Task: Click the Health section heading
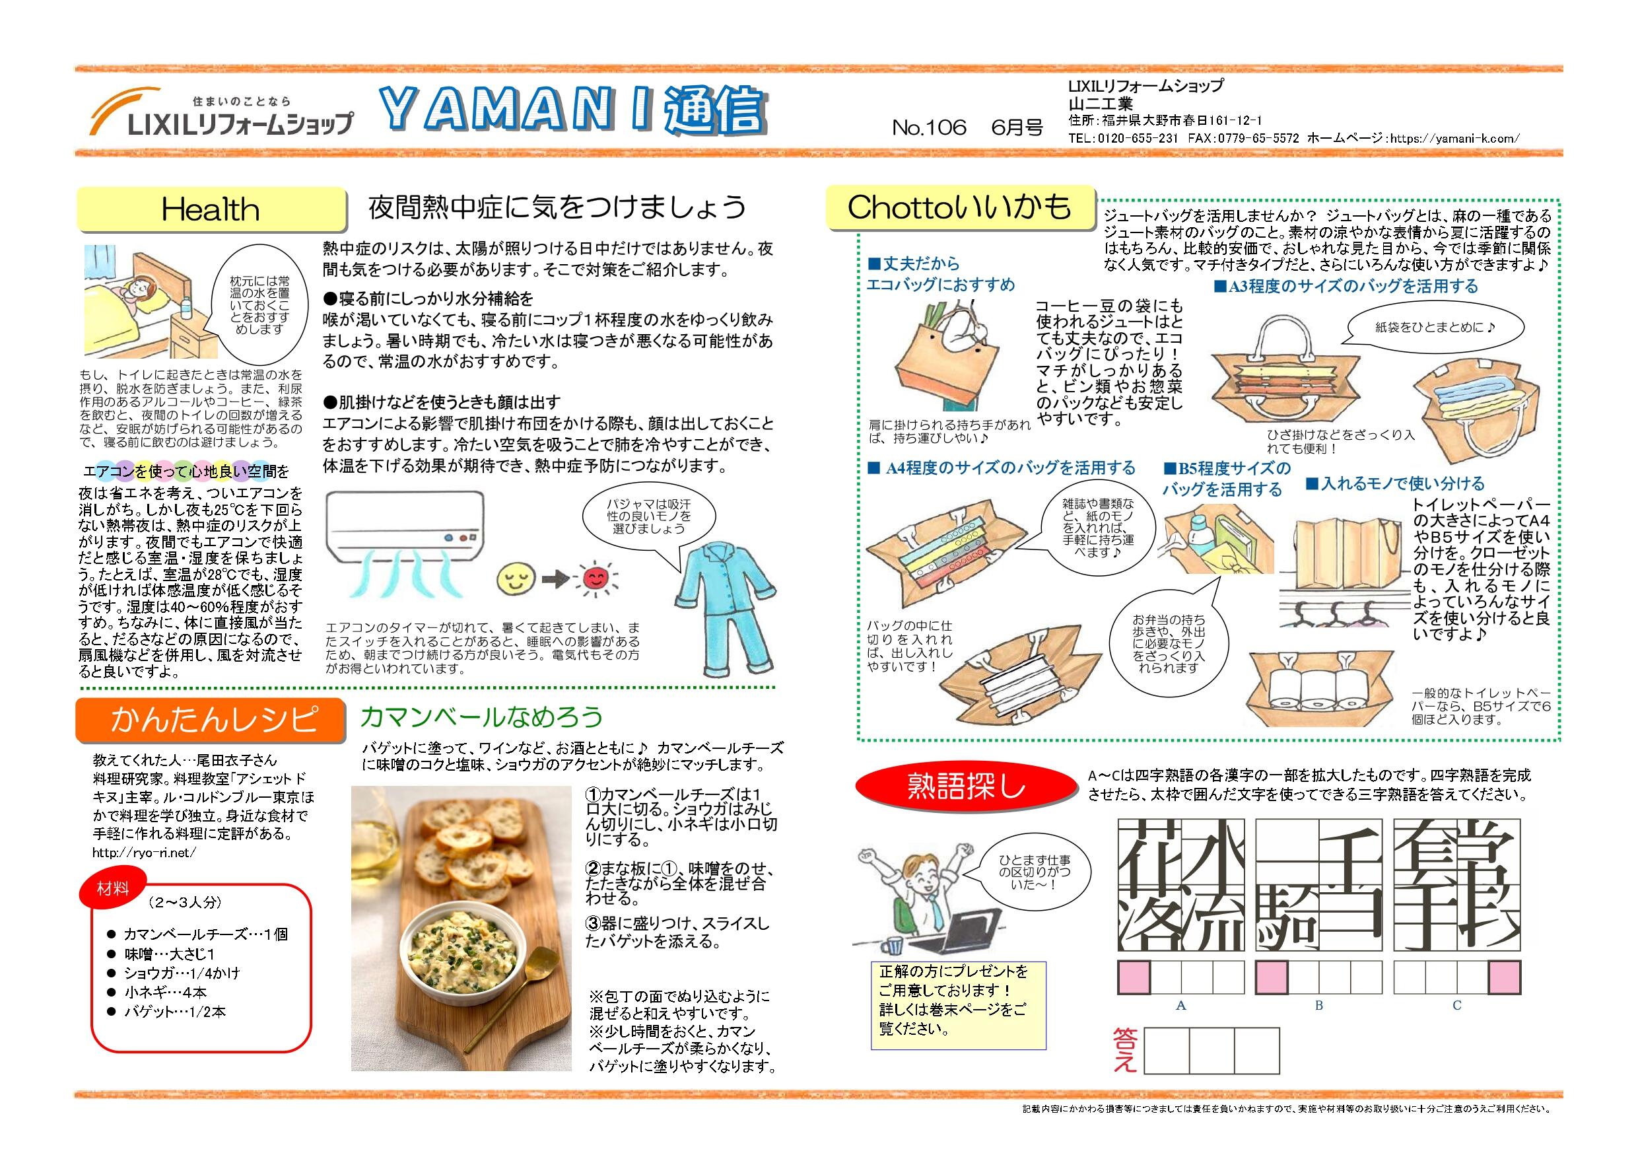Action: point(211,210)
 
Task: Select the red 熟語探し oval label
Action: point(966,786)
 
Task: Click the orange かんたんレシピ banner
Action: point(212,719)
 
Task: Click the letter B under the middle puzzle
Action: point(1319,1006)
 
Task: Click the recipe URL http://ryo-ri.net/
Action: point(143,853)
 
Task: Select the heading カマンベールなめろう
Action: point(481,716)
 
